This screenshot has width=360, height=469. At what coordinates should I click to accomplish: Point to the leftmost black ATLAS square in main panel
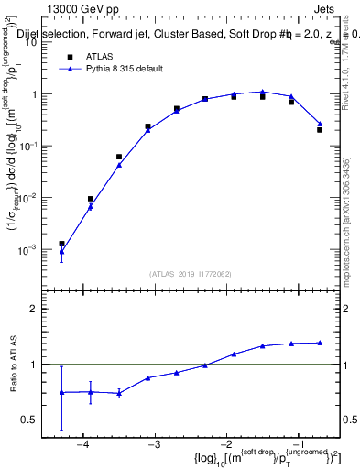coord(61,244)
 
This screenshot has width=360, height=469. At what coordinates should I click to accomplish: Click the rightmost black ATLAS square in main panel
coord(320,130)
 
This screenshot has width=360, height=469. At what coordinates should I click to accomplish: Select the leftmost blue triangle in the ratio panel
coord(61,392)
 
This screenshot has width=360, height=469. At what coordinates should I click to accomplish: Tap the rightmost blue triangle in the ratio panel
coord(320,343)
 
